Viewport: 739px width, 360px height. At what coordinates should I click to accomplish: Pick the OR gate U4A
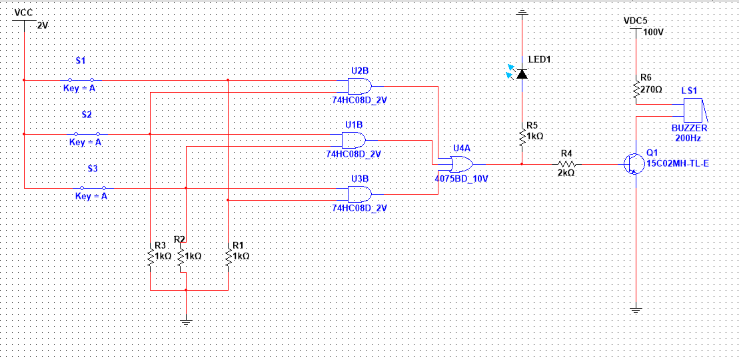[x=462, y=163]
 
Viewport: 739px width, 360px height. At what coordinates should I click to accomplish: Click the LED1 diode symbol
[x=521, y=73]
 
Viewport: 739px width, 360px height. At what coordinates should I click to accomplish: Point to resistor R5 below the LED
[x=522, y=137]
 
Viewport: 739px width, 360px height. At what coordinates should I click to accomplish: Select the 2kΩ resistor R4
[x=566, y=163]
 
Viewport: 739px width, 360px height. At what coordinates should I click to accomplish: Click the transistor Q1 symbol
[x=632, y=163]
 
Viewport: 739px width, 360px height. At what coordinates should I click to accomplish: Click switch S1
[x=81, y=80]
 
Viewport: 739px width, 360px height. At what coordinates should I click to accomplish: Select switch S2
[x=87, y=134]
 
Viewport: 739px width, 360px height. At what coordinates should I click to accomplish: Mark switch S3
[x=93, y=188]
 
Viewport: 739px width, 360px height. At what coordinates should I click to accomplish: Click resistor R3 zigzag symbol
[x=151, y=257]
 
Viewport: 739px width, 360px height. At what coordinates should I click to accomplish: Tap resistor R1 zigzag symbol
[x=228, y=257]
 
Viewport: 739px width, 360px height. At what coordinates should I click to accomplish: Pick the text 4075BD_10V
[x=461, y=179]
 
